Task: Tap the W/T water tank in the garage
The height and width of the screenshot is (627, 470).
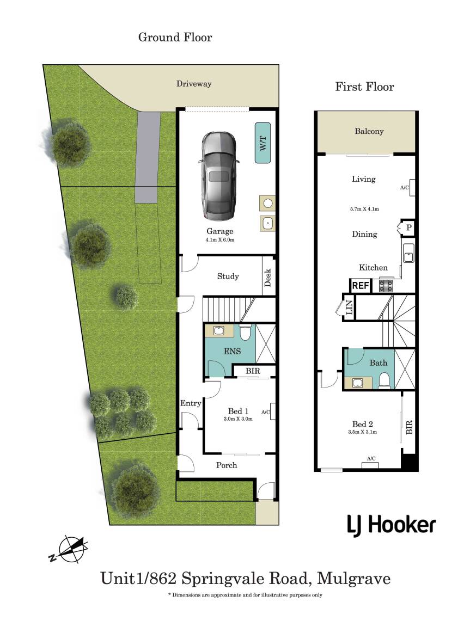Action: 263,143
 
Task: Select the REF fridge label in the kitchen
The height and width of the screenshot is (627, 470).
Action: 361,286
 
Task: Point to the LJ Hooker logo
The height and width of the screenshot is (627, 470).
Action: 391,525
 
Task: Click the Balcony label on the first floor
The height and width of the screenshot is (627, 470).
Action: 369,131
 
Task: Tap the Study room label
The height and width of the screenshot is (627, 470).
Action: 228,276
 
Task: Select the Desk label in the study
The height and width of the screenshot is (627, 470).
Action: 268,278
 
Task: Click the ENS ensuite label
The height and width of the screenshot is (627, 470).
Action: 233,352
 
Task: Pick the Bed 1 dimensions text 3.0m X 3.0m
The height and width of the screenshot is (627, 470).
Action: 238,419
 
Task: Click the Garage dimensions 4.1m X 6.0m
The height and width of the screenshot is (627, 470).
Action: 220,240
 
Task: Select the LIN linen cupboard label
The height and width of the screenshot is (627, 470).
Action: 349,307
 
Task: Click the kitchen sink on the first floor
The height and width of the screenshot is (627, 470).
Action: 408,253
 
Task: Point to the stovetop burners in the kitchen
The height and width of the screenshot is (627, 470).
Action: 386,286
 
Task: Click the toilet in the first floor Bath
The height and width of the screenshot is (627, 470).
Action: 384,381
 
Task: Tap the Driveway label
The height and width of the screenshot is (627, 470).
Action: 194,84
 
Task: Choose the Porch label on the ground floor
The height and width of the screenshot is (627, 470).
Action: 227,465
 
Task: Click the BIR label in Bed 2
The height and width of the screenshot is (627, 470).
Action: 409,427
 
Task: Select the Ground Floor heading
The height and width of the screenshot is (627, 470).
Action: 175,37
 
